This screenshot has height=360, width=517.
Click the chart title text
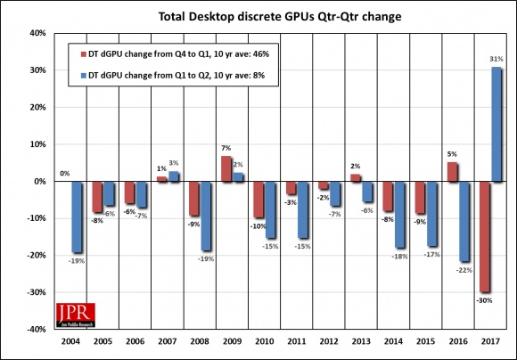[266, 16]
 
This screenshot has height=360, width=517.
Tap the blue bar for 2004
[78, 217]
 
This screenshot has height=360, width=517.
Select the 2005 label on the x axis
[102, 342]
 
